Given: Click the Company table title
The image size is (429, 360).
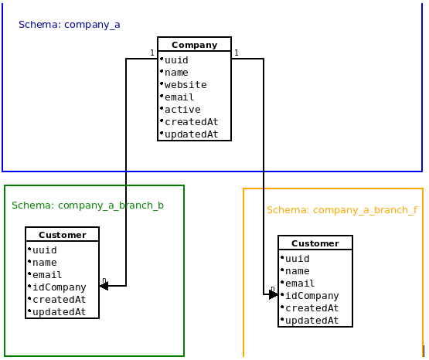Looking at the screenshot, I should click(194, 45).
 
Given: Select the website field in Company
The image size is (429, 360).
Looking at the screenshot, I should click(186, 85).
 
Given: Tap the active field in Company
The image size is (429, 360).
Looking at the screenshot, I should click(182, 110).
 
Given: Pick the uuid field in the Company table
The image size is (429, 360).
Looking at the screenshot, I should click(176, 60).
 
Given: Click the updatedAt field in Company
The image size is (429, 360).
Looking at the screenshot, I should click(191, 134).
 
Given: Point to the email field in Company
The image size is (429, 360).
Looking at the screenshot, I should click(179, 97).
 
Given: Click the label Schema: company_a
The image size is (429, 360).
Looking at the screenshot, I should click(70, 25).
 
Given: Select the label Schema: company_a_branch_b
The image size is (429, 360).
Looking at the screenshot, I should click(87, 205).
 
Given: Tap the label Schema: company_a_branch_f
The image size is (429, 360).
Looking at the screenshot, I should click(342, 210).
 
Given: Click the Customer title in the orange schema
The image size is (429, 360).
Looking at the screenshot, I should click(315, 243).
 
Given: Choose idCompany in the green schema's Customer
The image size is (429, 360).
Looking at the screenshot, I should click(60, 287).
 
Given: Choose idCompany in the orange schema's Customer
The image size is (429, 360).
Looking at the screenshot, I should click(312, 296).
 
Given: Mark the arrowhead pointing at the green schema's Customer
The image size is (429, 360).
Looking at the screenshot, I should click(104, 286).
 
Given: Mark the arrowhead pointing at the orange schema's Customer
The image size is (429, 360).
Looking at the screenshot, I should click(273, 294).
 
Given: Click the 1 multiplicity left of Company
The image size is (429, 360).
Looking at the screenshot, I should click(152, 53).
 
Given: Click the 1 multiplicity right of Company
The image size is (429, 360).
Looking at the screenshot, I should click(237, 53).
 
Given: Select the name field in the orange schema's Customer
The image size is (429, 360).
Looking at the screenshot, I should click(298, 271).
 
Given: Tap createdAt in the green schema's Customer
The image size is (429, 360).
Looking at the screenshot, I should click(60, 300).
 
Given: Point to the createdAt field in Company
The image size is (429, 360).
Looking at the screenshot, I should click(191, 122).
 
